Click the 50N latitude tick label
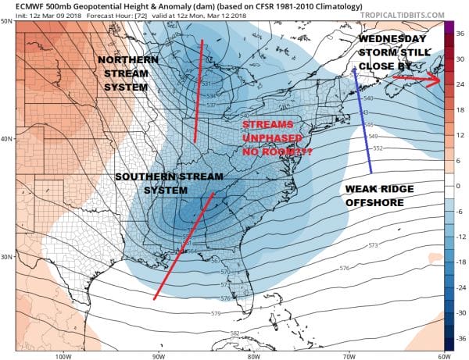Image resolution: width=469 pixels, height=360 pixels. click(x=7, y=20)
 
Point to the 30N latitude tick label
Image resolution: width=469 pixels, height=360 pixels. click(x=7, y=256)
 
